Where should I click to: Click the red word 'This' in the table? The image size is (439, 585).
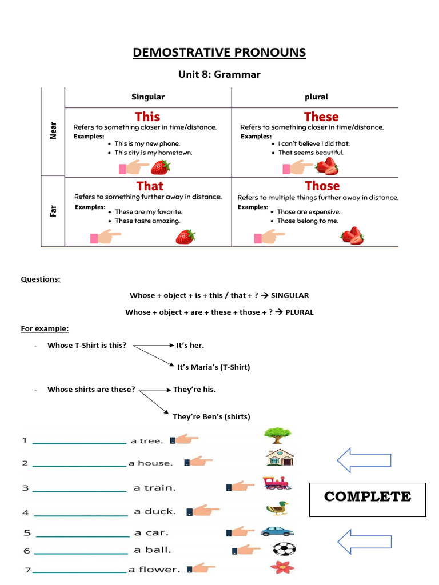pyautogui.click(x=147, y=117)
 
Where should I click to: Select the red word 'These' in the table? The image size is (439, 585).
pyautogui.click(x=321, y=117)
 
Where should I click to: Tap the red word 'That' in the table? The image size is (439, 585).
pyautogui.click(x=150, y=186)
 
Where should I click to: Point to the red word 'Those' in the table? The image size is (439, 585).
pyautogui.click(x=322, y=186)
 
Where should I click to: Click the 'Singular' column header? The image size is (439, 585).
pyautogui.click(x=148, y=97)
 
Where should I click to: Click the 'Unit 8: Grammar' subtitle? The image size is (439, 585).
pyautogui.click(x=219, y=74)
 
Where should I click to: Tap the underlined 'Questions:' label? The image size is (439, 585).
pyautogui.click(x=41, y=279)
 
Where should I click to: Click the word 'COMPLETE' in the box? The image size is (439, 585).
pyautogui.click(x=368, y=496)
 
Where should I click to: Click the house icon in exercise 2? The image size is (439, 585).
pyautogui.click(x=280, y=458)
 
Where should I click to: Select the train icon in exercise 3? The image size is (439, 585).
pyautogui.click(x=277, y=484)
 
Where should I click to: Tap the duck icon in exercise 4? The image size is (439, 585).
pyautogui.click(x=277, y=508)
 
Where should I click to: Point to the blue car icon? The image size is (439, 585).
pyautogui.click(x=277, y=531)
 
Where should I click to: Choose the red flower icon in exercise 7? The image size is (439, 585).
pyautogui.click(x=281, y=567)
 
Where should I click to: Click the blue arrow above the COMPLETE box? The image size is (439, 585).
pyautogui.click(x=364, y=459)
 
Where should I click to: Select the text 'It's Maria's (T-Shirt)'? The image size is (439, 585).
pyautogui.click(x=214, y=367)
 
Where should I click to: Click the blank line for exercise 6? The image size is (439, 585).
pyautogui.click(x=81, y=553)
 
